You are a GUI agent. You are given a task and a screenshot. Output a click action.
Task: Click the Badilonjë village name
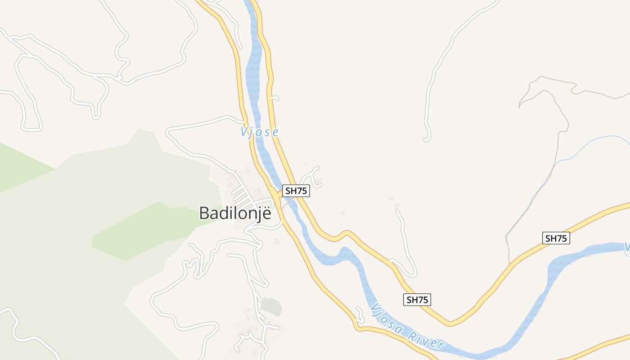[235, 213]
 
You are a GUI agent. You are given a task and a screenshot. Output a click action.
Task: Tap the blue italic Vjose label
[259, 132]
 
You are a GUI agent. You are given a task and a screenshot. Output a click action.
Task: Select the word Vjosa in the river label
[387, 321]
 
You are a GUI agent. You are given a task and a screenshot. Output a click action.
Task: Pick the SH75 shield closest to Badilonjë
[296, 191]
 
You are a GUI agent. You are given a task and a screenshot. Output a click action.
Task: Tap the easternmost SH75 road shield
[556, 238]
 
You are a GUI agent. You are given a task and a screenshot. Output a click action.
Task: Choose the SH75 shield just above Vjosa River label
[417, 300]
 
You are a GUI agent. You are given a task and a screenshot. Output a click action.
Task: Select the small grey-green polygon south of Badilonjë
[271, 307]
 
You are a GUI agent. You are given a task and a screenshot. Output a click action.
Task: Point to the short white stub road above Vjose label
[276, 98]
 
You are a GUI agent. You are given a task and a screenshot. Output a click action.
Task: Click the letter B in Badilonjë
[205, 213]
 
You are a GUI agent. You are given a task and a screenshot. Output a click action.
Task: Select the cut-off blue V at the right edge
[627, 247]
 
